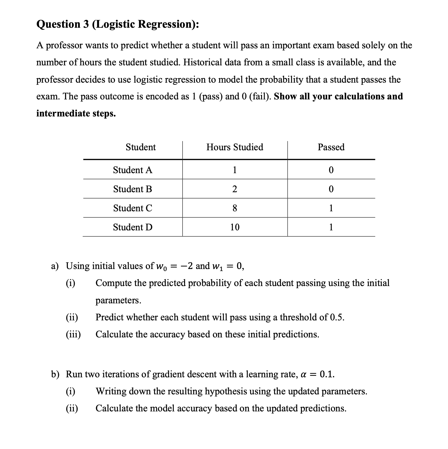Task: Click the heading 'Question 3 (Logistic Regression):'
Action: tap(118, 24)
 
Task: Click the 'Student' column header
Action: tap(141, 147)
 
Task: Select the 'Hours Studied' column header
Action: tap(235, 147)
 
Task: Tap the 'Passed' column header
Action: tap(331, 147)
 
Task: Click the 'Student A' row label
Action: tap(132, 170)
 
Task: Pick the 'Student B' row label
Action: tap(132, 189)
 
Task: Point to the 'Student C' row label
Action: tap(132, 208)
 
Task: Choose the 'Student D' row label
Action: tap(132, 227)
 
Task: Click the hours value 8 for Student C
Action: tap(235, 208)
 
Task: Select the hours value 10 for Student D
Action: tap(235, 227)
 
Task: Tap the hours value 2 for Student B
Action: tap(235, 189)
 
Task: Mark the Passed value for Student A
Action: tap(331, 170)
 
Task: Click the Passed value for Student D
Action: tap(331, 227)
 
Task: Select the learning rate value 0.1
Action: tap(327, 374)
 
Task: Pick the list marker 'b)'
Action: tap(55, 374)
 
